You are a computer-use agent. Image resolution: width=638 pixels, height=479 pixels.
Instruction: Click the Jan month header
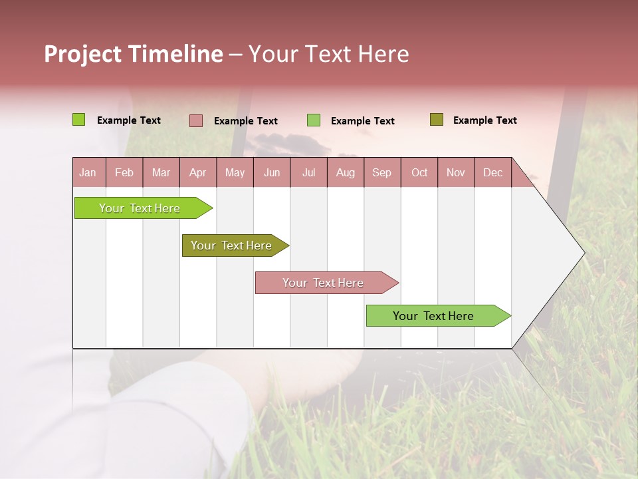tap(88, 172)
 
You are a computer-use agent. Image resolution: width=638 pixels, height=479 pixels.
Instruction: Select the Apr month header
tap(197, 172)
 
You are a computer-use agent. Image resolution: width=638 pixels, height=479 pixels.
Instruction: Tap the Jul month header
tap(308, 172)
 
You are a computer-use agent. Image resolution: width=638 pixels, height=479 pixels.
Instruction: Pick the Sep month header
tap(381, 172)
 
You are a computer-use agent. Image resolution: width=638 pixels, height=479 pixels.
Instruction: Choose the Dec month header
tap(492, 172)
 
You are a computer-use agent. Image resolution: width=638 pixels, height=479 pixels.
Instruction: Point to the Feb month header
tap(124, 172)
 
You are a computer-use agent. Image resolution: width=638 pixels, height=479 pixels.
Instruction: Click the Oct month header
tap(419, 172)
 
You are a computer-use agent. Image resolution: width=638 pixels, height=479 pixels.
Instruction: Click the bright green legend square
tap(79, 120)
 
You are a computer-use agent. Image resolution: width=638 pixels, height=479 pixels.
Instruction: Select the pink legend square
tap(196, 120)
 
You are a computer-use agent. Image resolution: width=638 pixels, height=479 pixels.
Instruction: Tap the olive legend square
tap(436, 120)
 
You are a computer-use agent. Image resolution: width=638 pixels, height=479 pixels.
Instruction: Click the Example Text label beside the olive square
tap(484, 120)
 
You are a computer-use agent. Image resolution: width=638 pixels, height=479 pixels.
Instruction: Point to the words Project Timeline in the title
tap(133, 54)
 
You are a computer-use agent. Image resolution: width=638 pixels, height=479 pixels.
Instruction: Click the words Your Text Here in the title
tap(328, 54)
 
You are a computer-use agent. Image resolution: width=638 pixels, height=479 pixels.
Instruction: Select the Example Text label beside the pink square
tap(245, 121)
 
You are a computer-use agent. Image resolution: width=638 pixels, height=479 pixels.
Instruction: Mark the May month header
tap(235, 172)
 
